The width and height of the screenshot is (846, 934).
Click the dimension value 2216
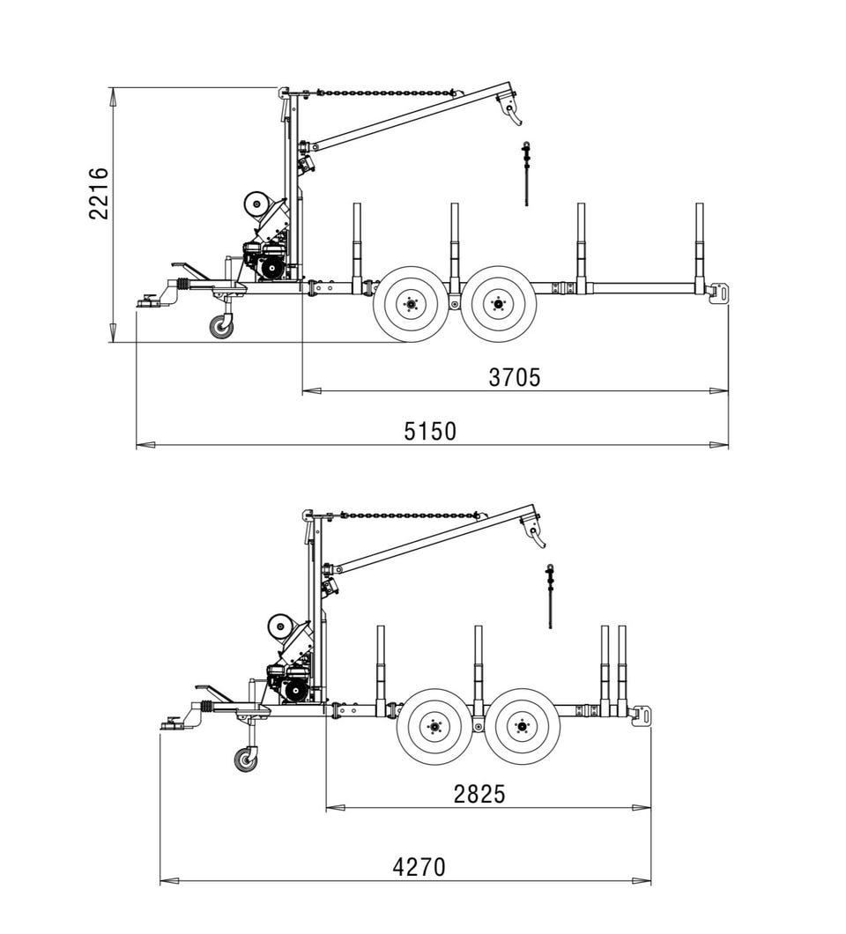tap(99, 194)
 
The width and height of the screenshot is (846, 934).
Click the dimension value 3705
tap(515, 378)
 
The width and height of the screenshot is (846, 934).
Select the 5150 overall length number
tap(430, 431)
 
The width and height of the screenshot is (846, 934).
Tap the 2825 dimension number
tap(479, 794)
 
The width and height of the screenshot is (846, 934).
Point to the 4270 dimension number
tap(419, 867)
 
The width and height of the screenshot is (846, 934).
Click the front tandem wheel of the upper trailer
tap(410, 304)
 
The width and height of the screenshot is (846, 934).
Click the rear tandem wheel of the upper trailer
tap(499, 304)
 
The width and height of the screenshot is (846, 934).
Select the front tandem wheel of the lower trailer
tap(434, 727)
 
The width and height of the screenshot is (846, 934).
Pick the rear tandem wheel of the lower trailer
tap(523, 727)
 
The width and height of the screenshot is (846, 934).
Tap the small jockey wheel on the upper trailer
tap(221, 327)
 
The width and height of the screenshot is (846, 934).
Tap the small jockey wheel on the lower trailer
tap(246, 760)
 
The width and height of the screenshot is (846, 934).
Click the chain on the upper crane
tap(382, 93)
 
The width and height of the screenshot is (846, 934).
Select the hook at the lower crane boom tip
tap(535, 532)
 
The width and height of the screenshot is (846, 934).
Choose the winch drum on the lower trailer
tap(282, 626)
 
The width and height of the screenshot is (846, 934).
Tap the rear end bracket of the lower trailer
tap(643, 715)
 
